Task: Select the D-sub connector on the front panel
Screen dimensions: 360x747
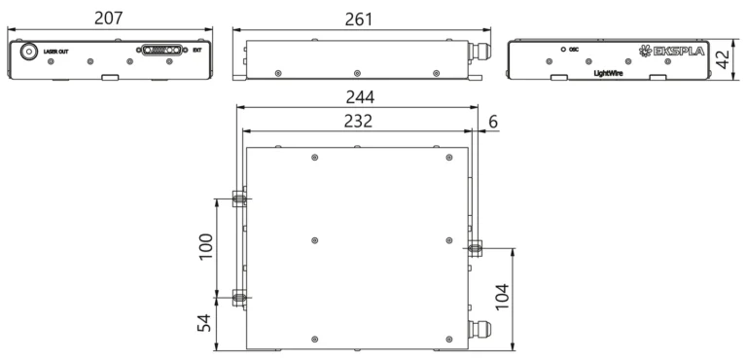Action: coord(161,50)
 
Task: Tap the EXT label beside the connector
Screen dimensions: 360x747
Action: coord(197,50)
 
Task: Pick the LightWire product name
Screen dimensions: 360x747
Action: coord(608,72)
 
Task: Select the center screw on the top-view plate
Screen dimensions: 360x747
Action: coord(313,240)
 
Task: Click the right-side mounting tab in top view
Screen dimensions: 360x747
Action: coord(475,247)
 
